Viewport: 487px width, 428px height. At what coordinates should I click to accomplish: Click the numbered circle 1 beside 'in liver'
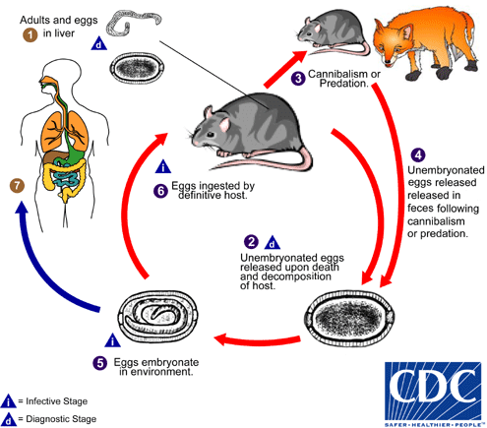tap(30, 34)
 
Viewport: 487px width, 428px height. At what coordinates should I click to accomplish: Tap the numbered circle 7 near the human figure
tap(17, 186)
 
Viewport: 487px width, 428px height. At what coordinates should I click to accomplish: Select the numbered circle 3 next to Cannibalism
tap(298, 79)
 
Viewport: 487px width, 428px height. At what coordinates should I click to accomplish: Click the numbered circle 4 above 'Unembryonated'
tap(418, 155)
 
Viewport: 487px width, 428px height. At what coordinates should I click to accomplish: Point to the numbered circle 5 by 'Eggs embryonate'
tap(100, 363)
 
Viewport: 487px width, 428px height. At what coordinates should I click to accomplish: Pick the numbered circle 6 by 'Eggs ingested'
tap(160, 191)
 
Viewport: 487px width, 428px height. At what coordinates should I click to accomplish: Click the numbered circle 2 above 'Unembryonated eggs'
tap(251, 242)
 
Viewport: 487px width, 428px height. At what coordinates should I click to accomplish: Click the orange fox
tap(426, 42)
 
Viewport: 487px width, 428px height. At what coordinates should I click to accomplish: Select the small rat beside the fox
tap(333, 32)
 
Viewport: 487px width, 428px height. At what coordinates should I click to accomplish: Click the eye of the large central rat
tap(210, 134)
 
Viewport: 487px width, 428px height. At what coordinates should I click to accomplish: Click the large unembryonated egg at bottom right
tap(349, 318)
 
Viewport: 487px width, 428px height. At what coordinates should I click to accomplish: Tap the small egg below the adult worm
tap(137, 68)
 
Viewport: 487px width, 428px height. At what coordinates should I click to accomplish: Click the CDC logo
tap(433, 394)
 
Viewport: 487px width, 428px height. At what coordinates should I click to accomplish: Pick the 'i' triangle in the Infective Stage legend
tap(8, 401)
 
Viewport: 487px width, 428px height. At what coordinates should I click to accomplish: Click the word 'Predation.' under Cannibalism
tap(344, 84)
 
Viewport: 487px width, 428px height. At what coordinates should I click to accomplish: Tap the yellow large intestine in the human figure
tap(66, 177)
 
